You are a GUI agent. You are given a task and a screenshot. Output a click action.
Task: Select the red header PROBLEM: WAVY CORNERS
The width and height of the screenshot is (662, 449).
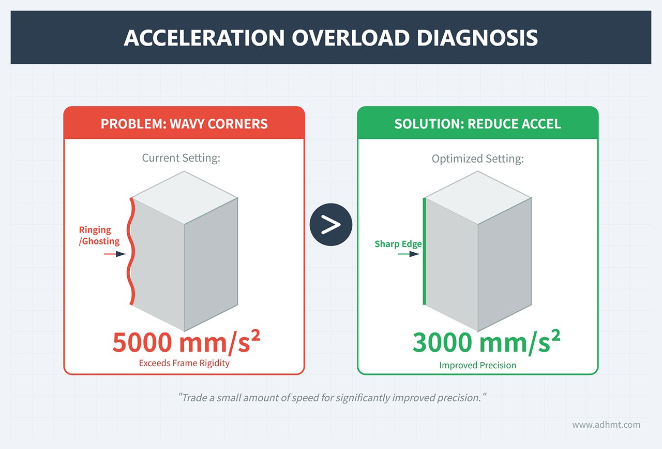184,124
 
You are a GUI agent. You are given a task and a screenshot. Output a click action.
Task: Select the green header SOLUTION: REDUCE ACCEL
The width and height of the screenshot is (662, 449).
477,124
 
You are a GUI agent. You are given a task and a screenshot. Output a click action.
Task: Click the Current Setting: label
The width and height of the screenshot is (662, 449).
181,158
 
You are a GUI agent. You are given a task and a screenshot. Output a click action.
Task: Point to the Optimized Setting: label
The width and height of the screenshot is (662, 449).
477,159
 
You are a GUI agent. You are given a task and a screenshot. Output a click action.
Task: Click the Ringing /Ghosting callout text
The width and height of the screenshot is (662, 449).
99,236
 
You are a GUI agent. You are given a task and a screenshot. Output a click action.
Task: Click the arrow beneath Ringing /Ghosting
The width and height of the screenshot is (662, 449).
115,254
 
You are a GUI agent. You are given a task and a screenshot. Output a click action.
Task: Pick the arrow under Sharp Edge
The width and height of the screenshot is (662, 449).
411,254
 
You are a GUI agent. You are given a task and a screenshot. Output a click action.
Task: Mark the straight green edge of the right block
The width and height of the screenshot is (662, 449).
425,251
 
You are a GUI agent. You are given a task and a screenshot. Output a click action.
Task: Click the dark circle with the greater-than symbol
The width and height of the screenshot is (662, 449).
331,225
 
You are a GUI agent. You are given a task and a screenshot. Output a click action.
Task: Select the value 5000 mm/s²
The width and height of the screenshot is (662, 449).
186,342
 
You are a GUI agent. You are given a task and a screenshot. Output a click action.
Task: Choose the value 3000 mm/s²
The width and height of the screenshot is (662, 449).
486,342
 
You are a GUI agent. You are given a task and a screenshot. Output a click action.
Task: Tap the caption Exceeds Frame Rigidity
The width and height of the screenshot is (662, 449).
184,363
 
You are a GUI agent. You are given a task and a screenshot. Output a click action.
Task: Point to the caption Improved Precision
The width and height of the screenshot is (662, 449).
477,365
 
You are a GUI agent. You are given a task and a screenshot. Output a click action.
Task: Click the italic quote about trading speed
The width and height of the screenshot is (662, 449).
333,398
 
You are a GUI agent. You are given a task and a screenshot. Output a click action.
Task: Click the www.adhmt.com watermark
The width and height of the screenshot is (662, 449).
606,425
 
